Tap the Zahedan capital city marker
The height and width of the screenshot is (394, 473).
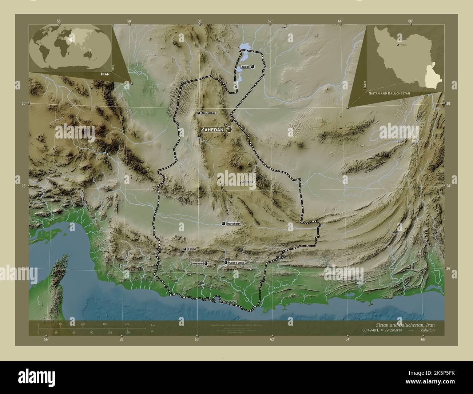pyautogui.click(x=229, y=129)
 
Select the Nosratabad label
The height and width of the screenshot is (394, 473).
pyautogui.click(x=209, y=113)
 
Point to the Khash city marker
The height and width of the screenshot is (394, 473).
pyautogui.click(x=243, y=182)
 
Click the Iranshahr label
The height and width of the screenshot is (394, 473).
pyautogui.click(x=234, y=224)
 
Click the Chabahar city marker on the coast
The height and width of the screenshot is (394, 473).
pyautogui.click(x=221, y=302)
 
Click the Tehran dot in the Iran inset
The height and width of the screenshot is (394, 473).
pyautogui.click(x=397, y=44)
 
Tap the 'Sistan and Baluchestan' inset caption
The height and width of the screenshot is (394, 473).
pyautogui.click(x=389, y=93)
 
